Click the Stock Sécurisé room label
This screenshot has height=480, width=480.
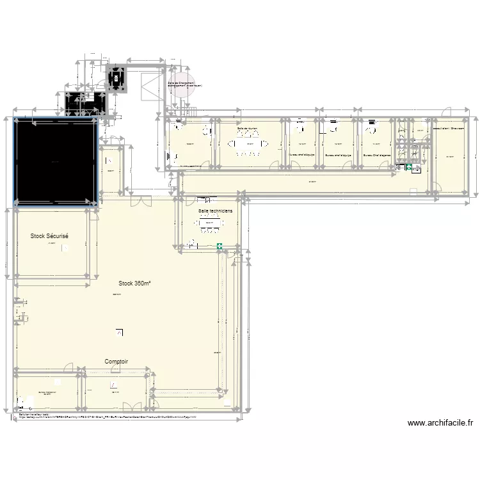[x=49, y=236]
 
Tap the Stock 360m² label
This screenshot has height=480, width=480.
[x=134, y=284]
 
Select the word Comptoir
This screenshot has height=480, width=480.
[x=116, y=362]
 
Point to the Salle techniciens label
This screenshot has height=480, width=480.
[x=216, y=210]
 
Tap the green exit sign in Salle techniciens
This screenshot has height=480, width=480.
[x=220, y=245]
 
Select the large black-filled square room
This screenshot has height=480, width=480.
[x=55, y=160]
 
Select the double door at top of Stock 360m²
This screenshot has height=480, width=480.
[x=137, y=200]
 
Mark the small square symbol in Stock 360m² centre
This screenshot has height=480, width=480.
[x=119, y=332]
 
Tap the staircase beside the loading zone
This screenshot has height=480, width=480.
[x=148, y=85]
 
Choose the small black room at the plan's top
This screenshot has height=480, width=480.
[x=116, y=79]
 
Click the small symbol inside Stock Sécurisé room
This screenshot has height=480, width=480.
[x=64, y=248]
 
